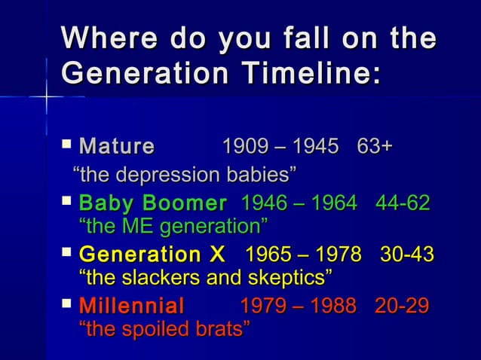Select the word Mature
(116, 146)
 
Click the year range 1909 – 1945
(280, 145)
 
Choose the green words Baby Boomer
(153, 203)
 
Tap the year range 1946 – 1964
(298, 203)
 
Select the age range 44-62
(403, 203)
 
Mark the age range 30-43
(407, 254)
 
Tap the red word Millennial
(131, 307)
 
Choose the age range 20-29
(403, 307)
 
